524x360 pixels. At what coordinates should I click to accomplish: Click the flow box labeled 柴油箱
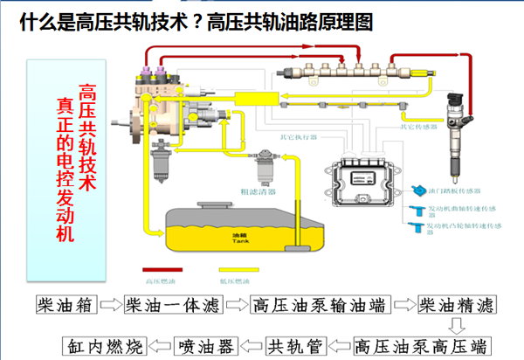coord(62,305)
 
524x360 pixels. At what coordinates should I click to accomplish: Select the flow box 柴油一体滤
coord(174,305)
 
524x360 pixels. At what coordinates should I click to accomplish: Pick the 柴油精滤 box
coord(456,305)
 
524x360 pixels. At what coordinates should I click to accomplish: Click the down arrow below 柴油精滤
coord(456,325)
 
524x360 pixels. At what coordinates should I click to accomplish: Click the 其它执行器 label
coord(296,136)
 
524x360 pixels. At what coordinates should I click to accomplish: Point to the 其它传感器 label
coord(417,125)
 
